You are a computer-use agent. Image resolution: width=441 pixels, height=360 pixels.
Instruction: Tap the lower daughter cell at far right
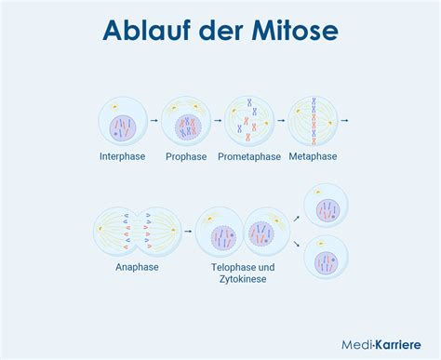tap(327, 260)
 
